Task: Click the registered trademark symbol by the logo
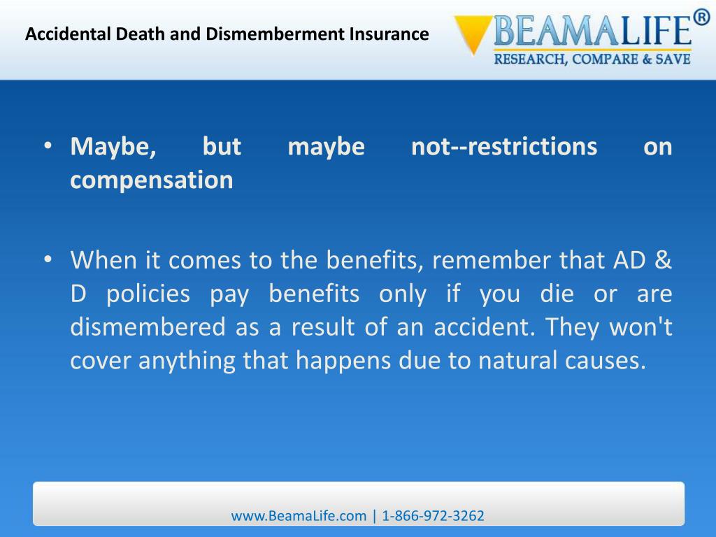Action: coord(701,17)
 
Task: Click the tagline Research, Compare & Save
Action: coord(592,59)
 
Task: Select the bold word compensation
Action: coord(151,180)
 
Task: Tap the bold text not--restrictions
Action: coord(504,147)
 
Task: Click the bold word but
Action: coord(222,147)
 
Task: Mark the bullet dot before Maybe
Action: coord(48,147)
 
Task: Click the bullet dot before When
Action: coord(48,261)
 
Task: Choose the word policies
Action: coord(148,294)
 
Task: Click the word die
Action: coord(556,294)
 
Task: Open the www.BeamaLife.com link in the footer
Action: coord(299,516)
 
